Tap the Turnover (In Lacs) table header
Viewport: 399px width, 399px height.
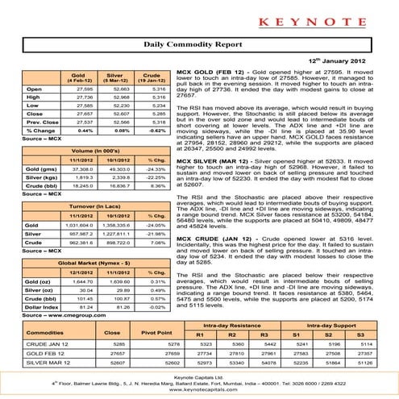coord(97,208)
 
